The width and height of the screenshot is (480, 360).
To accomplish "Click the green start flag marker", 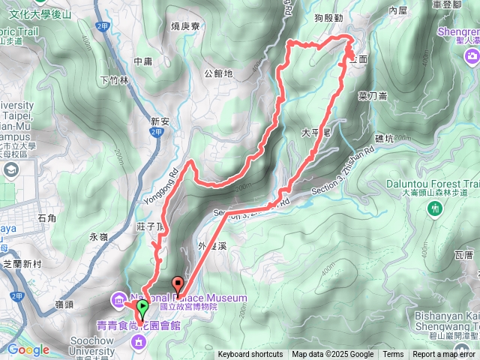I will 142,307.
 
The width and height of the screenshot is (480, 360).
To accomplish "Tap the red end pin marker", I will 178,284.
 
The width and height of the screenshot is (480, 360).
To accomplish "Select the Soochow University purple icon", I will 139,343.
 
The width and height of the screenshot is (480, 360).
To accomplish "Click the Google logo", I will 28,349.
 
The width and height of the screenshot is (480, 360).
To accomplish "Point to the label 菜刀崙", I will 373,95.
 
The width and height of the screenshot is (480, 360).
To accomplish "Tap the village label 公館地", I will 218,73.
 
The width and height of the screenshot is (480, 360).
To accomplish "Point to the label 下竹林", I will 115,79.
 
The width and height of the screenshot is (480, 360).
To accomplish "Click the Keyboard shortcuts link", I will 250,355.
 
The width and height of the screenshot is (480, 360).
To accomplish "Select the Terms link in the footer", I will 393,355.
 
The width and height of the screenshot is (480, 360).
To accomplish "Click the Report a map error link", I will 444,355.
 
